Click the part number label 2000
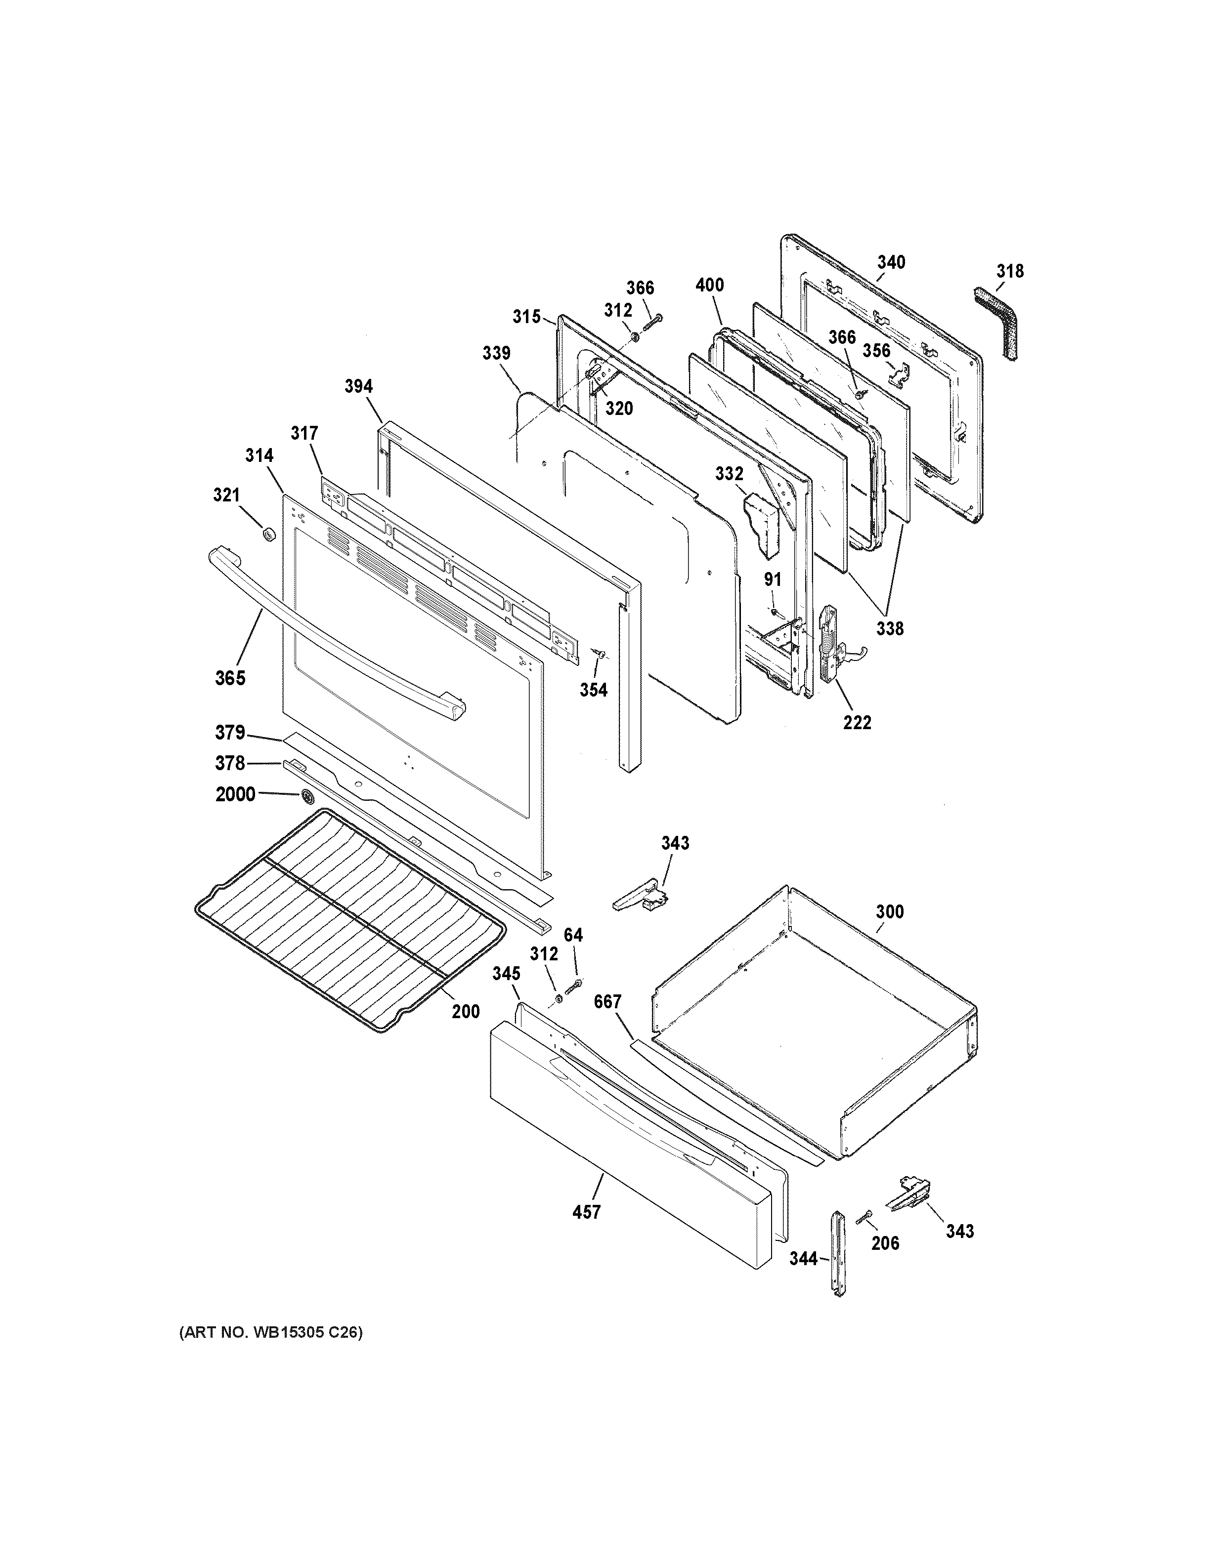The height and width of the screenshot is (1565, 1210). [x=235, y=794]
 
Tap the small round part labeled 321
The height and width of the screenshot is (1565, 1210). [x=269, y=534]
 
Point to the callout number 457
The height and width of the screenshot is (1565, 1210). [x=586, y=1212]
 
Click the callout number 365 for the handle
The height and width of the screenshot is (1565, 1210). [x=230, y=677]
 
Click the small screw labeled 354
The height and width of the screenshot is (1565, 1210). [x=601, y=654]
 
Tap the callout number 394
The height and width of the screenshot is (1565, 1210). [x=358, y=386]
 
